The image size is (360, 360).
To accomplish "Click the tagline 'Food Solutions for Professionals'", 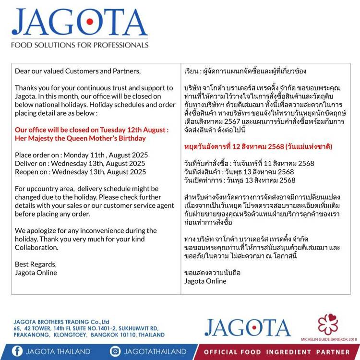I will (80, 45).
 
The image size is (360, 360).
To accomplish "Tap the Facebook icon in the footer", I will (17, 351).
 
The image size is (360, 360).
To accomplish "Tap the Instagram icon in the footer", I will (115, 351).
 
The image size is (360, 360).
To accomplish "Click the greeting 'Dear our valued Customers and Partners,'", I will (78, 71).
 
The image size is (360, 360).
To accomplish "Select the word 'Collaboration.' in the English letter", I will (36, 247).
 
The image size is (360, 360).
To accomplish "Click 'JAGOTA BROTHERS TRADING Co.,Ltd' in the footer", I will (62, 322).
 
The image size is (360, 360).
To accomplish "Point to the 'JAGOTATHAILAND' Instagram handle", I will (155, 351).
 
